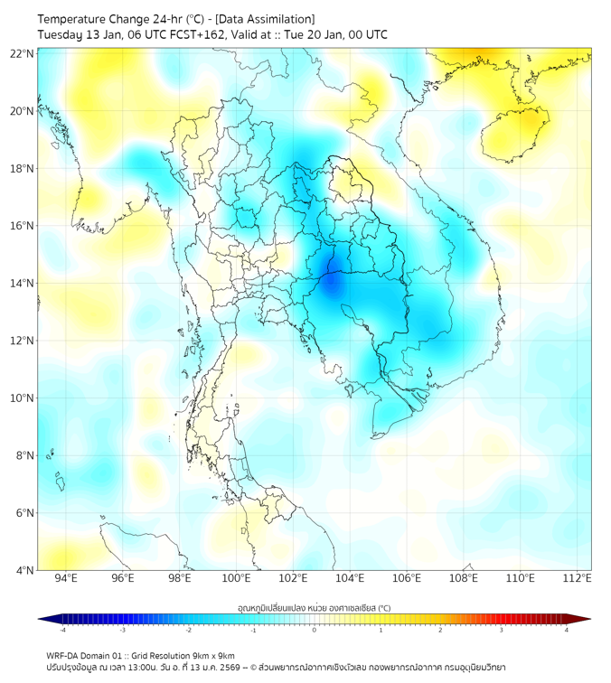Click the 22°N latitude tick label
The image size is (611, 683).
(23, 53)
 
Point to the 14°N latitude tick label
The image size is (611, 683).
(23, 283)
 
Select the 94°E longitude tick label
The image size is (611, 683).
(66, 579)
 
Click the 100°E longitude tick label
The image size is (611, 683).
(236, 579)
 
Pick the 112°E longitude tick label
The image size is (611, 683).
(577, 579)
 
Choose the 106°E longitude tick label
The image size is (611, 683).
(407, 579)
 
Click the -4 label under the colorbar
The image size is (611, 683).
(61, 630)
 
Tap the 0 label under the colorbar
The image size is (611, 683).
(315, 630)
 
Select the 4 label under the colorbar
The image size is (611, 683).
(567, 630)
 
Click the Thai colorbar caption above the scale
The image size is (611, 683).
(314, 608)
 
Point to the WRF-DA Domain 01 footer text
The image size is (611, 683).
(87, 655)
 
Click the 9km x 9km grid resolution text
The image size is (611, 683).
(211, 655)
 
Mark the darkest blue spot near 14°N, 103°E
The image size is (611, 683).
(332, 283)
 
